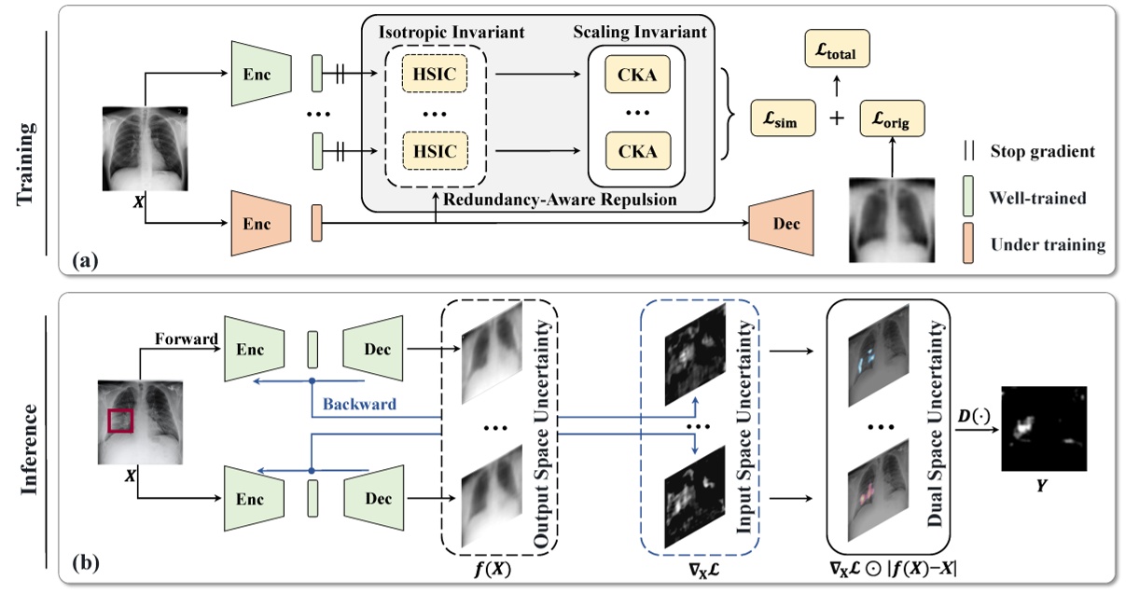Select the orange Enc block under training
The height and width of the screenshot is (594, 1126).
256,225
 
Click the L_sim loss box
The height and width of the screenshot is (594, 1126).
782,120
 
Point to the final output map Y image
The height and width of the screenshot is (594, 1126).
1044,430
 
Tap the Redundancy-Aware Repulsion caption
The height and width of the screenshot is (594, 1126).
536,200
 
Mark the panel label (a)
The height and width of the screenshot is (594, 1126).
87,261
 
